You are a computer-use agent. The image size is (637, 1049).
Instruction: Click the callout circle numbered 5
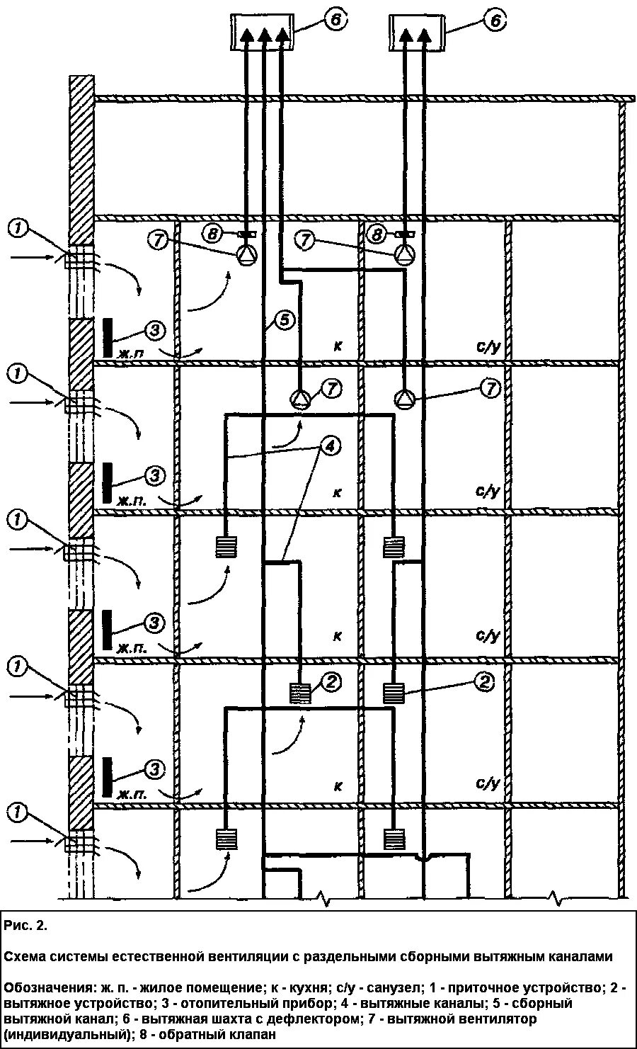[x=282, y=321]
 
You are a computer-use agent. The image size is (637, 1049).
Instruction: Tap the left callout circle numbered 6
[x=335, y=21]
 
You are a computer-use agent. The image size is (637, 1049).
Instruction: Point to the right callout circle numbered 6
[x=495, y=21]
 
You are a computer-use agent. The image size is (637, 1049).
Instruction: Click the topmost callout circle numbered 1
[x=20, y=227]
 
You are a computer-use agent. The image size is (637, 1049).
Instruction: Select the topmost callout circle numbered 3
[x=156, y=329]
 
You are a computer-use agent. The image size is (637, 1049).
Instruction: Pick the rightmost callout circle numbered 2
[x=485, y=681]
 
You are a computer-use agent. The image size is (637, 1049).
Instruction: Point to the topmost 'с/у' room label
[x=488, y=346]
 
